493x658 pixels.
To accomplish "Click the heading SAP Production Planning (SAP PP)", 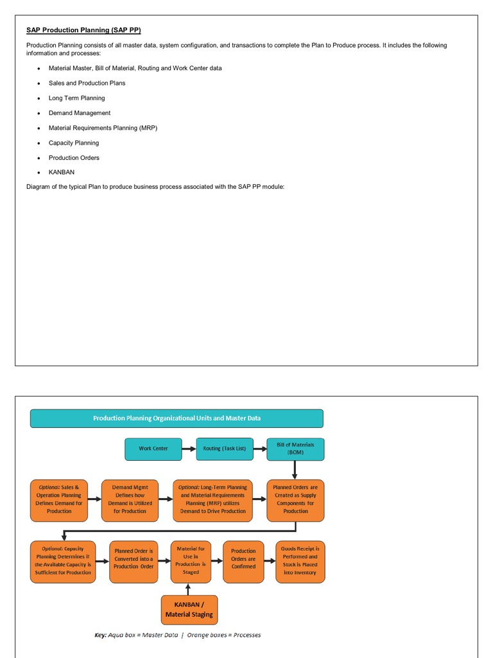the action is click(x=83, y=30).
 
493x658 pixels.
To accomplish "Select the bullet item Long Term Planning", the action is click(x=76, y=98).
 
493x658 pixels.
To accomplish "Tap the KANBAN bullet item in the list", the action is click(x=62, y=172).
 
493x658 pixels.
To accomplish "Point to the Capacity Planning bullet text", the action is click(x=74, y=143).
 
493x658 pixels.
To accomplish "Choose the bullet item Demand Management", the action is click(x=80, y=113).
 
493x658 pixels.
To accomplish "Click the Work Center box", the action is click(x=153, y=449).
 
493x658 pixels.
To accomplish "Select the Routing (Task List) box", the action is click(x=225, y=449).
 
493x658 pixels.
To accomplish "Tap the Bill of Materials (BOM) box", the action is click(x=295, y=449).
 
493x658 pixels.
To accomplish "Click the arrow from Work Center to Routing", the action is click(x=189, y=449).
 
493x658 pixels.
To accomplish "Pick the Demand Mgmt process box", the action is click(x=130, y=499).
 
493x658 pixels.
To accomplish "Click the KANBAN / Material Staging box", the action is click(x=189, y=610).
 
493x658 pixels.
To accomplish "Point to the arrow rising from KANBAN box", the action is click(x=188, y=589).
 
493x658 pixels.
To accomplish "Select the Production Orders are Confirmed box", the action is click(x=243, y=562).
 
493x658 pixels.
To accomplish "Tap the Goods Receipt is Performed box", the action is click(x=300, y=561).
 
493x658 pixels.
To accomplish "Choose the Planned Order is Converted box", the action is click(x=134, y=562).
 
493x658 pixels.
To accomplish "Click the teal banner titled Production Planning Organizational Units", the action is click(x=177, y=418).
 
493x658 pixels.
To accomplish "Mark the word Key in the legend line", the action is click(x=100, y=635).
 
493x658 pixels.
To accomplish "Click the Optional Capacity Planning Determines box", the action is click(x=63, y=561).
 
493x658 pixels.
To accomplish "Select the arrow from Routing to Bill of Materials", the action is click(x=260, y=449).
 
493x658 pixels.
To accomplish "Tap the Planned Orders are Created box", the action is click(x=295, y=499).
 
